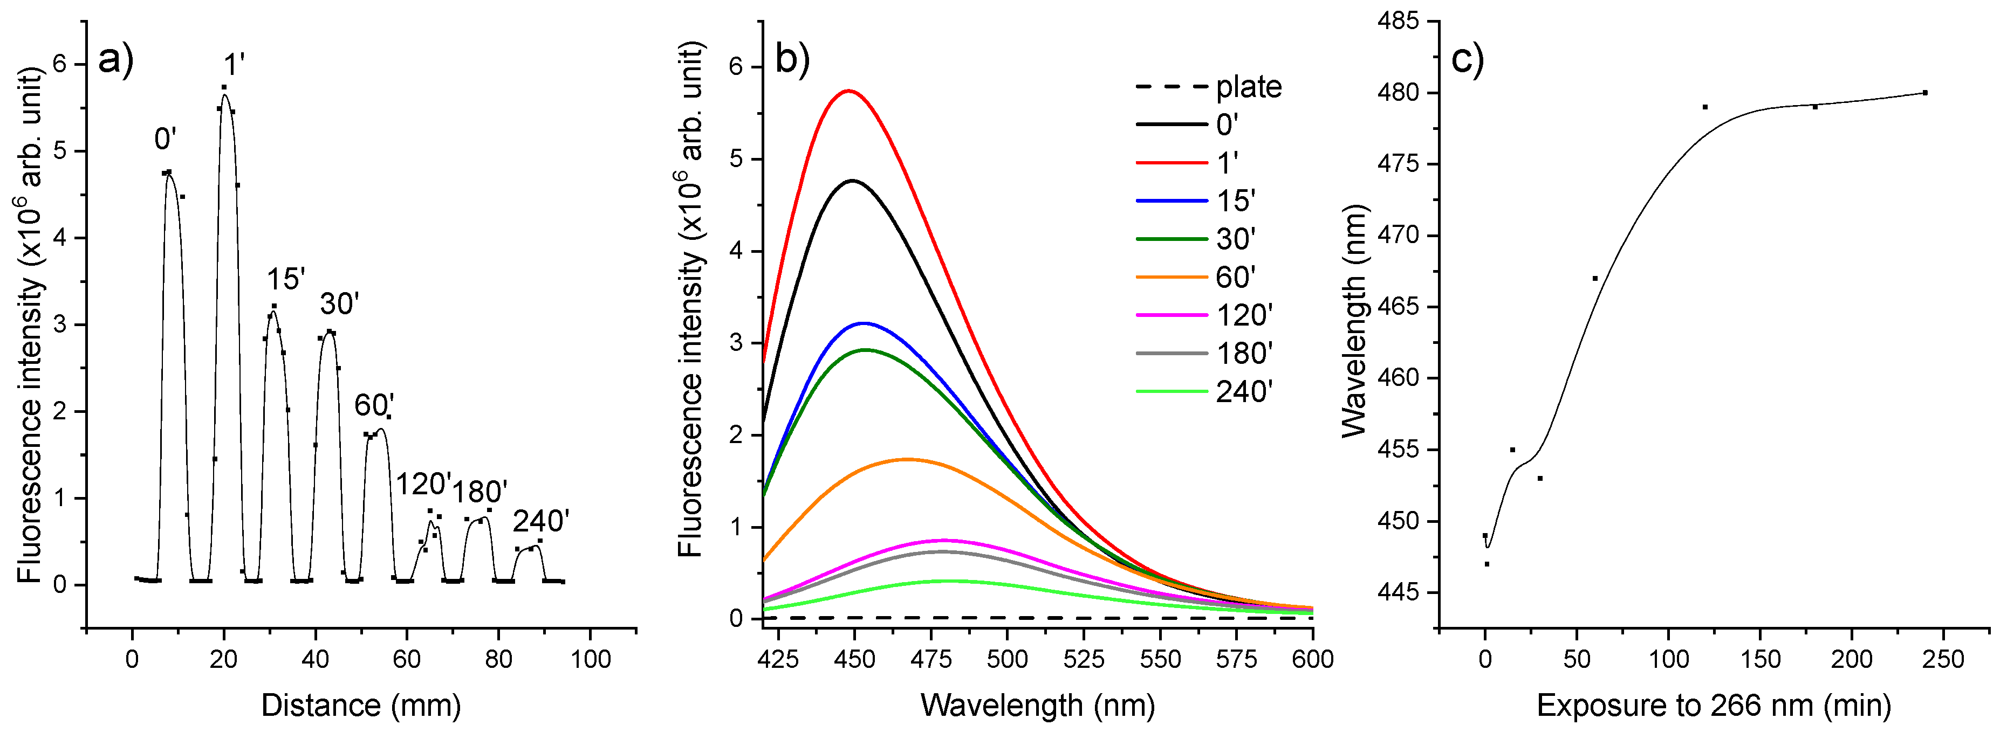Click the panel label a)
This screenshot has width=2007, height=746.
tap(115, 60)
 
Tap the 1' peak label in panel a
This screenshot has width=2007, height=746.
tap(234, 65)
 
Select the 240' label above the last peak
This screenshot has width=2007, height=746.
tap(540, 521)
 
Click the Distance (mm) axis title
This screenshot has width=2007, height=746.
tap(361, 706)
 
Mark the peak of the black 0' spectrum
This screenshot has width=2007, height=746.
tap(852, 181)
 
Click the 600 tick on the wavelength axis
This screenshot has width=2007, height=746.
tap(1312, 660)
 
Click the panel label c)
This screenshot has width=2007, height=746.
tap(1467, 60)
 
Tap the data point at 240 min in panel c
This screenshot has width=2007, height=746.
tap(1924, 93)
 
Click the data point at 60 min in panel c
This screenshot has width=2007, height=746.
tap(1595, 279)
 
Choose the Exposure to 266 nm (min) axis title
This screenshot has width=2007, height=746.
tap(1713, 706)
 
